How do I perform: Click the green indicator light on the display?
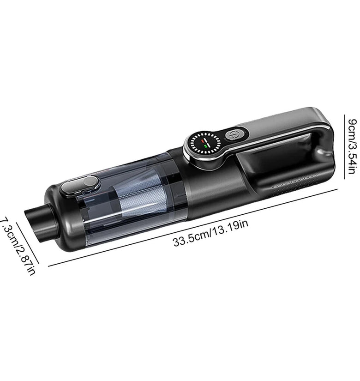206,146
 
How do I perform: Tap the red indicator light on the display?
203,140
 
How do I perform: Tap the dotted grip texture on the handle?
295,182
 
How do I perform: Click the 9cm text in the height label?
353,129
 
